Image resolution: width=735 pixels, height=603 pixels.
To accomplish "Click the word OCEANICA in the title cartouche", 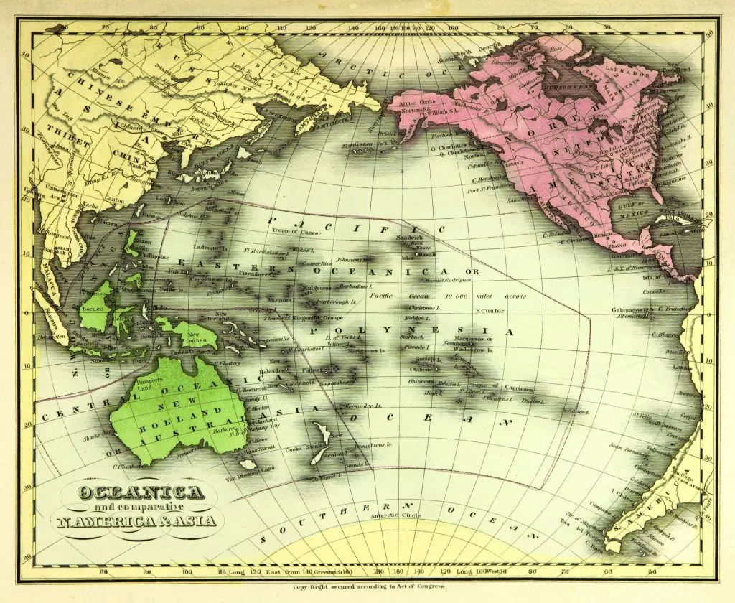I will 141,492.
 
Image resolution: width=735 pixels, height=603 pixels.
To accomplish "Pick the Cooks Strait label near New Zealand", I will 302,448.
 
